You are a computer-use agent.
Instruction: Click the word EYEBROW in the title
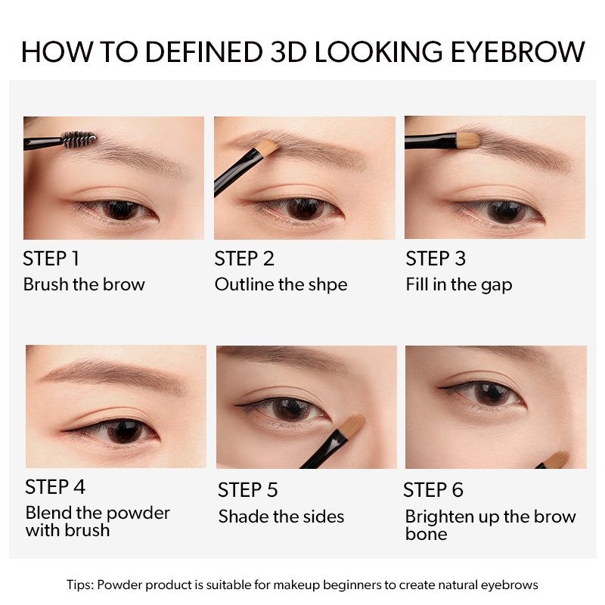(x=518, y=51)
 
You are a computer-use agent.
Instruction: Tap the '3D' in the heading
(x=288, y=51)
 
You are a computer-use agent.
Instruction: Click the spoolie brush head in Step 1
(x=79, y=139)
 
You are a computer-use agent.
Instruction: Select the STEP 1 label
(x=51, y=259)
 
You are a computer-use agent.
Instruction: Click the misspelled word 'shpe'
(x=327, y=286)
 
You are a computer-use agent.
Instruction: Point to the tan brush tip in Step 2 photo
(x=268, y=147)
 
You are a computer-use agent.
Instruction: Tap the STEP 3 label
(x=436, y=259)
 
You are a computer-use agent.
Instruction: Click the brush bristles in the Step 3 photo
(x=468, y=140)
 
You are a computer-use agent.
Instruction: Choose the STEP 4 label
(x=55, y=487)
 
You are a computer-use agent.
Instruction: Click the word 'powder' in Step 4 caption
(x=138, y=514)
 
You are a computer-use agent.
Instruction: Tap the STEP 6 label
(x=433, y=490)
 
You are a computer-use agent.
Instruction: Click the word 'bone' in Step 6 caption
(x=427, y=534)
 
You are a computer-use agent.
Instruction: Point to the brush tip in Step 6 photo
(x=557, y=460)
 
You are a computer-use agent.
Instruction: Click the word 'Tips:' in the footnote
(x=80, y=585)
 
